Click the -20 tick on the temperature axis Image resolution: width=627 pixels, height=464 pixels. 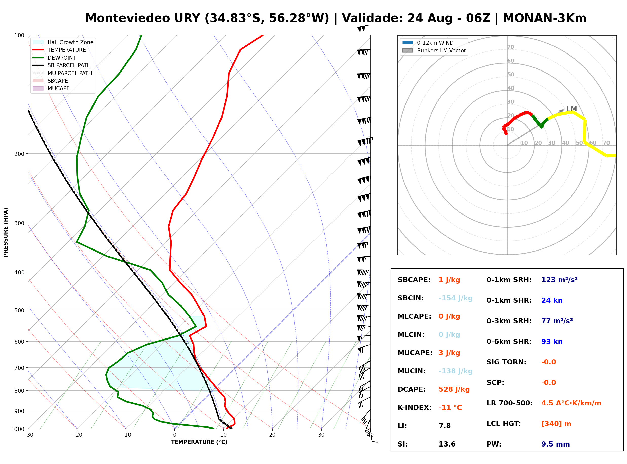coord(77,435)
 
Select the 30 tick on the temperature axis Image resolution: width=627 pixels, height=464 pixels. coord(321,435)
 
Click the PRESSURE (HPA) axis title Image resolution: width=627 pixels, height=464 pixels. coord(6,232)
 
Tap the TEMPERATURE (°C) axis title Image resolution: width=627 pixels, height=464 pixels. coord(199,442)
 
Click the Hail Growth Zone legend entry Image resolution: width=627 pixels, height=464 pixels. coord(63,42)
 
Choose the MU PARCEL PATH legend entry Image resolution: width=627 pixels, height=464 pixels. coord(62,73)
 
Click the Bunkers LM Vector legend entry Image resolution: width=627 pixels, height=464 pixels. coord(434,50)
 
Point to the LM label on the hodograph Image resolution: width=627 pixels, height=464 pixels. coord(571,109)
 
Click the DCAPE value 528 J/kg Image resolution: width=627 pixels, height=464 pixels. coord(454,389)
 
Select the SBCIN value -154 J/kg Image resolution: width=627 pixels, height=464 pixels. coord(455,298)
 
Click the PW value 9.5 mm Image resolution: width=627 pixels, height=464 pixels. coord(556,444)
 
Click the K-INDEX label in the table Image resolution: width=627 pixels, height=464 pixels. coord(415,407)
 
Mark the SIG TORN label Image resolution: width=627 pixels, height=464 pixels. coord(506,362)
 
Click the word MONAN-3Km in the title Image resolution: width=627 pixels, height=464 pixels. coord(544,18)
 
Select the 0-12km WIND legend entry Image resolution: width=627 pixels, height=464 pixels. coord(428,43)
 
